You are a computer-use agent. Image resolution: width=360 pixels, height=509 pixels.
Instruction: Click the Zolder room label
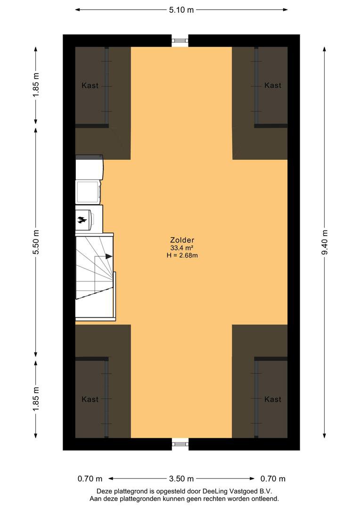[x=182, y=240]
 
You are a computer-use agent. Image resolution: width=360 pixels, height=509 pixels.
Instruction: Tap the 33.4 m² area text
[x=182, y=248]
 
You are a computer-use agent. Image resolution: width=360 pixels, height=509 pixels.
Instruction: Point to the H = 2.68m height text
[x=182, y=255]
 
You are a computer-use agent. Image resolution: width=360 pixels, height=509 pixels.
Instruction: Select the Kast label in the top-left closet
[x=90, y=86]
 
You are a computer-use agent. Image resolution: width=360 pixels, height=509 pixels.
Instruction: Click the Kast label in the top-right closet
[x=273, y=85]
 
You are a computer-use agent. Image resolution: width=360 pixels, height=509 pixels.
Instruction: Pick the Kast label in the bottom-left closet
[x=90, y=399]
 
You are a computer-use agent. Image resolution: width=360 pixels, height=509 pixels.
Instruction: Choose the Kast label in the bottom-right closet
[x=273, y=399]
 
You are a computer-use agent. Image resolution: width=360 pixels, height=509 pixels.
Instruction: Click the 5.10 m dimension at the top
[x=181, y=10]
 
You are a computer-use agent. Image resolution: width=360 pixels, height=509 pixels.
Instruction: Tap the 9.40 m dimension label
[x=325, y=243]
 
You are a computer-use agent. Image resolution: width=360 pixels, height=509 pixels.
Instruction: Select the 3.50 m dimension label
[x=181, y=478]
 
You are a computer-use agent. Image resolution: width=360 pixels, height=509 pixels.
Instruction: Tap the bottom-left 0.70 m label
[x=90, y=478]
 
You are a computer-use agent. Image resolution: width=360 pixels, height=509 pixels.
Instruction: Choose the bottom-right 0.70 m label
[x=273, y=478]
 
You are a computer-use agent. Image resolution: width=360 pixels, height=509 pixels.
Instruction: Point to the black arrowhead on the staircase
[x=109, y=256]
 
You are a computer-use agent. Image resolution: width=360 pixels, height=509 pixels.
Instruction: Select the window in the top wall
[x=180, y=41]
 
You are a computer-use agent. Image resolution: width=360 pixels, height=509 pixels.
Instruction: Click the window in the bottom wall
[x=180, y=443]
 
